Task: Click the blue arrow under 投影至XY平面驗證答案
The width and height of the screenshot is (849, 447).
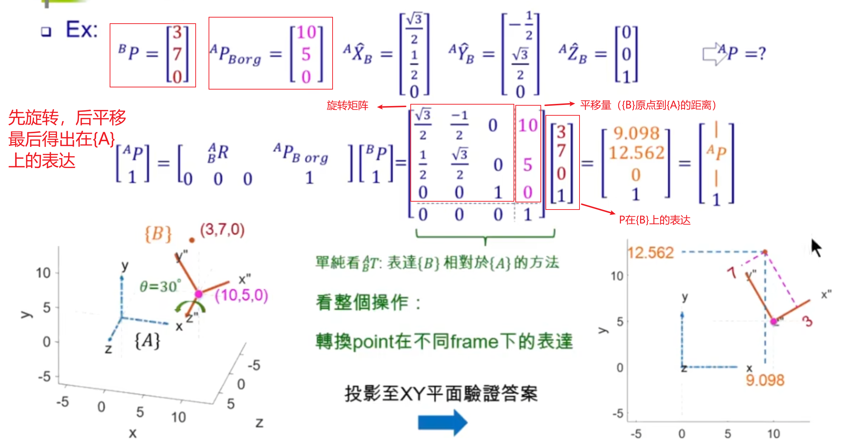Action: [443, 423]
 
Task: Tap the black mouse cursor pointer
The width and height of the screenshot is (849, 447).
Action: [816, 248]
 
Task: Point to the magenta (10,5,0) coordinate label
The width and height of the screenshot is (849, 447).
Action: [241, 295]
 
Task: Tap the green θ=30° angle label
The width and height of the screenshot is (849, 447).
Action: [160, 286]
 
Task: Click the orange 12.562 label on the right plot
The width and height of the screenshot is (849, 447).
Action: [650, 253]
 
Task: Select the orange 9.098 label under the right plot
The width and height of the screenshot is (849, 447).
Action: [765, 380]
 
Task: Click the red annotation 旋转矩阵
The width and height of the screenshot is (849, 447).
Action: [347, 106]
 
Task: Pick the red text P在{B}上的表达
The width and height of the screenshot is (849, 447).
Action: [654, 220]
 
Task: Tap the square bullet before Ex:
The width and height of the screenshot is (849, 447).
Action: [46, 32]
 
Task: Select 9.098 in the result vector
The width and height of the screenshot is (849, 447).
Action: [636, 133]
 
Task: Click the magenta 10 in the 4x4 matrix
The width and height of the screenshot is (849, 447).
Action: [528, 125]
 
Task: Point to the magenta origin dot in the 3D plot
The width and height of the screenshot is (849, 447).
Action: [199, 294]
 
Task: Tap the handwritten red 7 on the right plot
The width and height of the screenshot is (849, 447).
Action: [732, 272]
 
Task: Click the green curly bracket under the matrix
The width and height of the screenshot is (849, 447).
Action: [485, 237]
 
